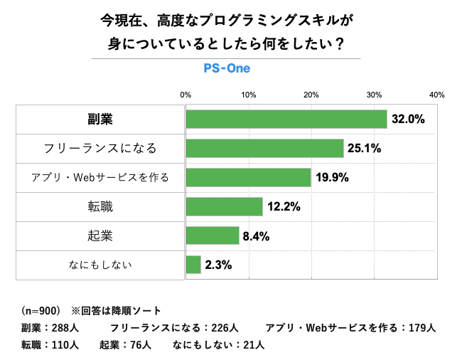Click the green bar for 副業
point(286,120)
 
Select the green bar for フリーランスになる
point(264,149)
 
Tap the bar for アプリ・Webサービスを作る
point(248,178)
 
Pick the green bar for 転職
point(224,207)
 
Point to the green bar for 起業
point(212,236)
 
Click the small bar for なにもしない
point(193,265)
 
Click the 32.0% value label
point(408,120)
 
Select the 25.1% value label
point(365,149)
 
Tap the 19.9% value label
point(332,178)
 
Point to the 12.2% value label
point(284,207)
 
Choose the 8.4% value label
point(256,236)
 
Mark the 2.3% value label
point(218,265)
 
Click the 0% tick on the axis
point(186,95)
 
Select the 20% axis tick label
point(311,95)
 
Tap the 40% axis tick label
point(436,95)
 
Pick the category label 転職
point(100,207)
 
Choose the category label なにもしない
point(100,265)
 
